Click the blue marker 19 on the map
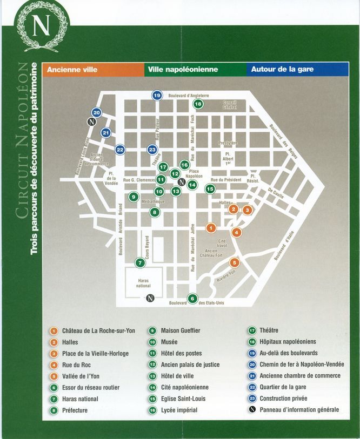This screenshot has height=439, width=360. click(157, 96)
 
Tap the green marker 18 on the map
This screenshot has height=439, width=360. click(198, 104)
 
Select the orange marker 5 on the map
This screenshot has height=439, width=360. click(234, 262)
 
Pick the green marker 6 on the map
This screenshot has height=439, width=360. click(192, 298)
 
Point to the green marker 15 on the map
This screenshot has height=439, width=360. click(210, 188)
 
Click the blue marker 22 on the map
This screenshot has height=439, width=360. click(120, 150)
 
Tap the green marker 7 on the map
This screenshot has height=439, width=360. click(140, 263)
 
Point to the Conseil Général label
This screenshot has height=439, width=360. click(230, 105)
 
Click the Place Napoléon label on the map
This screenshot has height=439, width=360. click(194, 174)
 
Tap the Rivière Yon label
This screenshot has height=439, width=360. click(226, 276)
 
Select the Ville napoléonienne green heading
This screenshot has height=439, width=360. click(182, 70)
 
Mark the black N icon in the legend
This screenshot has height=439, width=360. click(252, 410)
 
